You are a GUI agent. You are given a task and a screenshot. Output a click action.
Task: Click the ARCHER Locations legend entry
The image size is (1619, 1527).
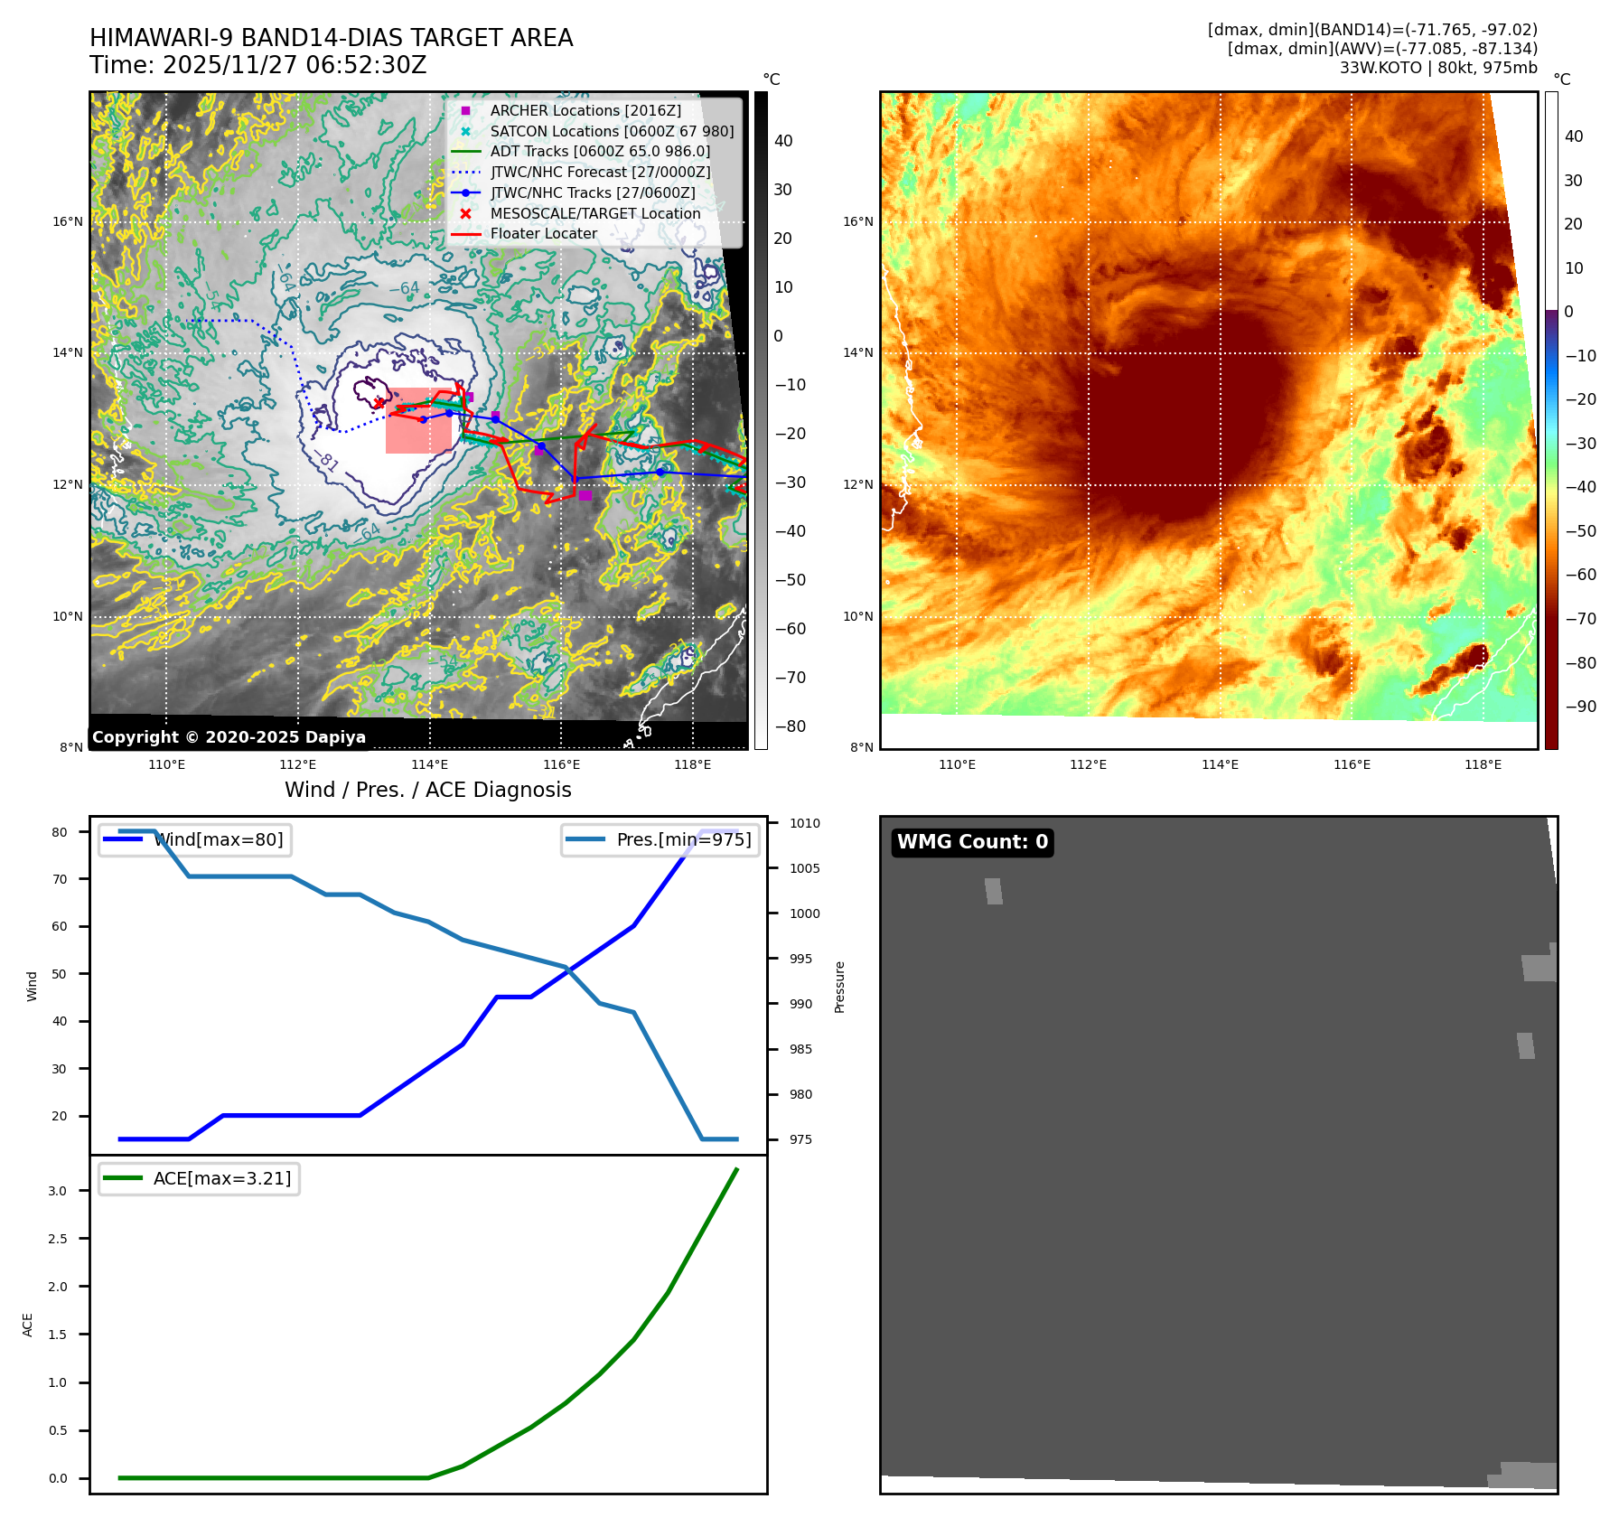(x=585, y=110)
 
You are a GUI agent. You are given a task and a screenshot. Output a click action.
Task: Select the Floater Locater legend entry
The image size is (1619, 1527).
(x=543, y=233)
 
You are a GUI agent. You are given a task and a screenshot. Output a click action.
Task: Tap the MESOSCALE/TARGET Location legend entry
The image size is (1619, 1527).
(x=594, y=213)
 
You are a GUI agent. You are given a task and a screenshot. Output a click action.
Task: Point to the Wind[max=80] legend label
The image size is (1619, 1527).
(x=219, y=839)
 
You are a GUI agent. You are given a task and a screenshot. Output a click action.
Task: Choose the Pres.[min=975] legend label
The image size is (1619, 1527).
(x=683, y=839)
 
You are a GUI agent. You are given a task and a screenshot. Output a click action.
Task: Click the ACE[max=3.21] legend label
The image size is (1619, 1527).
(x=222, y=1178)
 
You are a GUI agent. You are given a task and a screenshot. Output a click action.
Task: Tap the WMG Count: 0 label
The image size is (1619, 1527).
(x=972, y=842)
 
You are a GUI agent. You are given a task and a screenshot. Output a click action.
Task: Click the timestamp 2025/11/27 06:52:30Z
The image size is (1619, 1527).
(x=295, y=65)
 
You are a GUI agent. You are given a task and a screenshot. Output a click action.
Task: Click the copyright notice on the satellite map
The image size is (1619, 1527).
(x=229, y=737)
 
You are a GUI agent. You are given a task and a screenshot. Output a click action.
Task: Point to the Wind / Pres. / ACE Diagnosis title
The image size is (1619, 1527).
(x=427, y=790)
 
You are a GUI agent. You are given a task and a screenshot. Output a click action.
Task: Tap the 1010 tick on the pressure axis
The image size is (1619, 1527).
(x=804, y=823)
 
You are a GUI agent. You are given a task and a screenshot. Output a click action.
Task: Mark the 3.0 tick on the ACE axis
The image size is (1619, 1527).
(x=58, y=1191)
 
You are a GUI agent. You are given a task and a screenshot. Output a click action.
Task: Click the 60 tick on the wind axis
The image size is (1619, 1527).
(x=60, y=926)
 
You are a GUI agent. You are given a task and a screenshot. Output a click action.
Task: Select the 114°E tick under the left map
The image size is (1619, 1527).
(x=429, y=764)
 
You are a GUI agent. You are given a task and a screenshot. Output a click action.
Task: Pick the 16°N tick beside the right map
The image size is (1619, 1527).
(x=857, y=221)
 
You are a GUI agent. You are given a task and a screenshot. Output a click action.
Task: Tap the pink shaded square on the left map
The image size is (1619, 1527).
(x=418, y=421)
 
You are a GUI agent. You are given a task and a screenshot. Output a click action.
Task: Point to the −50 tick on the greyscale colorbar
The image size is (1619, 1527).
(x=791, y=580)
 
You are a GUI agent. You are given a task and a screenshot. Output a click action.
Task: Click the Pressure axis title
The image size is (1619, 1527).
(x=839, y=987)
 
